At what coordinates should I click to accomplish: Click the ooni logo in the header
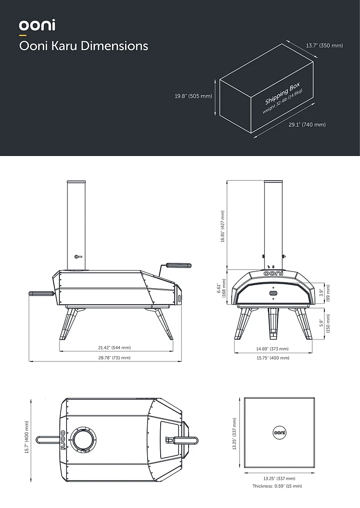(x=37, y=25)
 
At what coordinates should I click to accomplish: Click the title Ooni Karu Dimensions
(x=83, y=46)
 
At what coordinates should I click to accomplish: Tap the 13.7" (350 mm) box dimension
(x=324, y=46)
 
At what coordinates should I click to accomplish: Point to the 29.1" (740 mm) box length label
(x=307, y=125)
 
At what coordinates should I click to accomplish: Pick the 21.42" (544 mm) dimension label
(x=114, y=348)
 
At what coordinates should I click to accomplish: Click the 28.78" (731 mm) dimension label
(x=114, y=357)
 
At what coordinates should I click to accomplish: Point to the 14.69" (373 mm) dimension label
(x=272, y=348)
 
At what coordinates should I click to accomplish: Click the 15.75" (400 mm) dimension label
(x=273, y=358)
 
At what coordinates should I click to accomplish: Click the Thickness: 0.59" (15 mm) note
(x=277, y=486)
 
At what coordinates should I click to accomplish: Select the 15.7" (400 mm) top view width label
(x=27, y=437)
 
